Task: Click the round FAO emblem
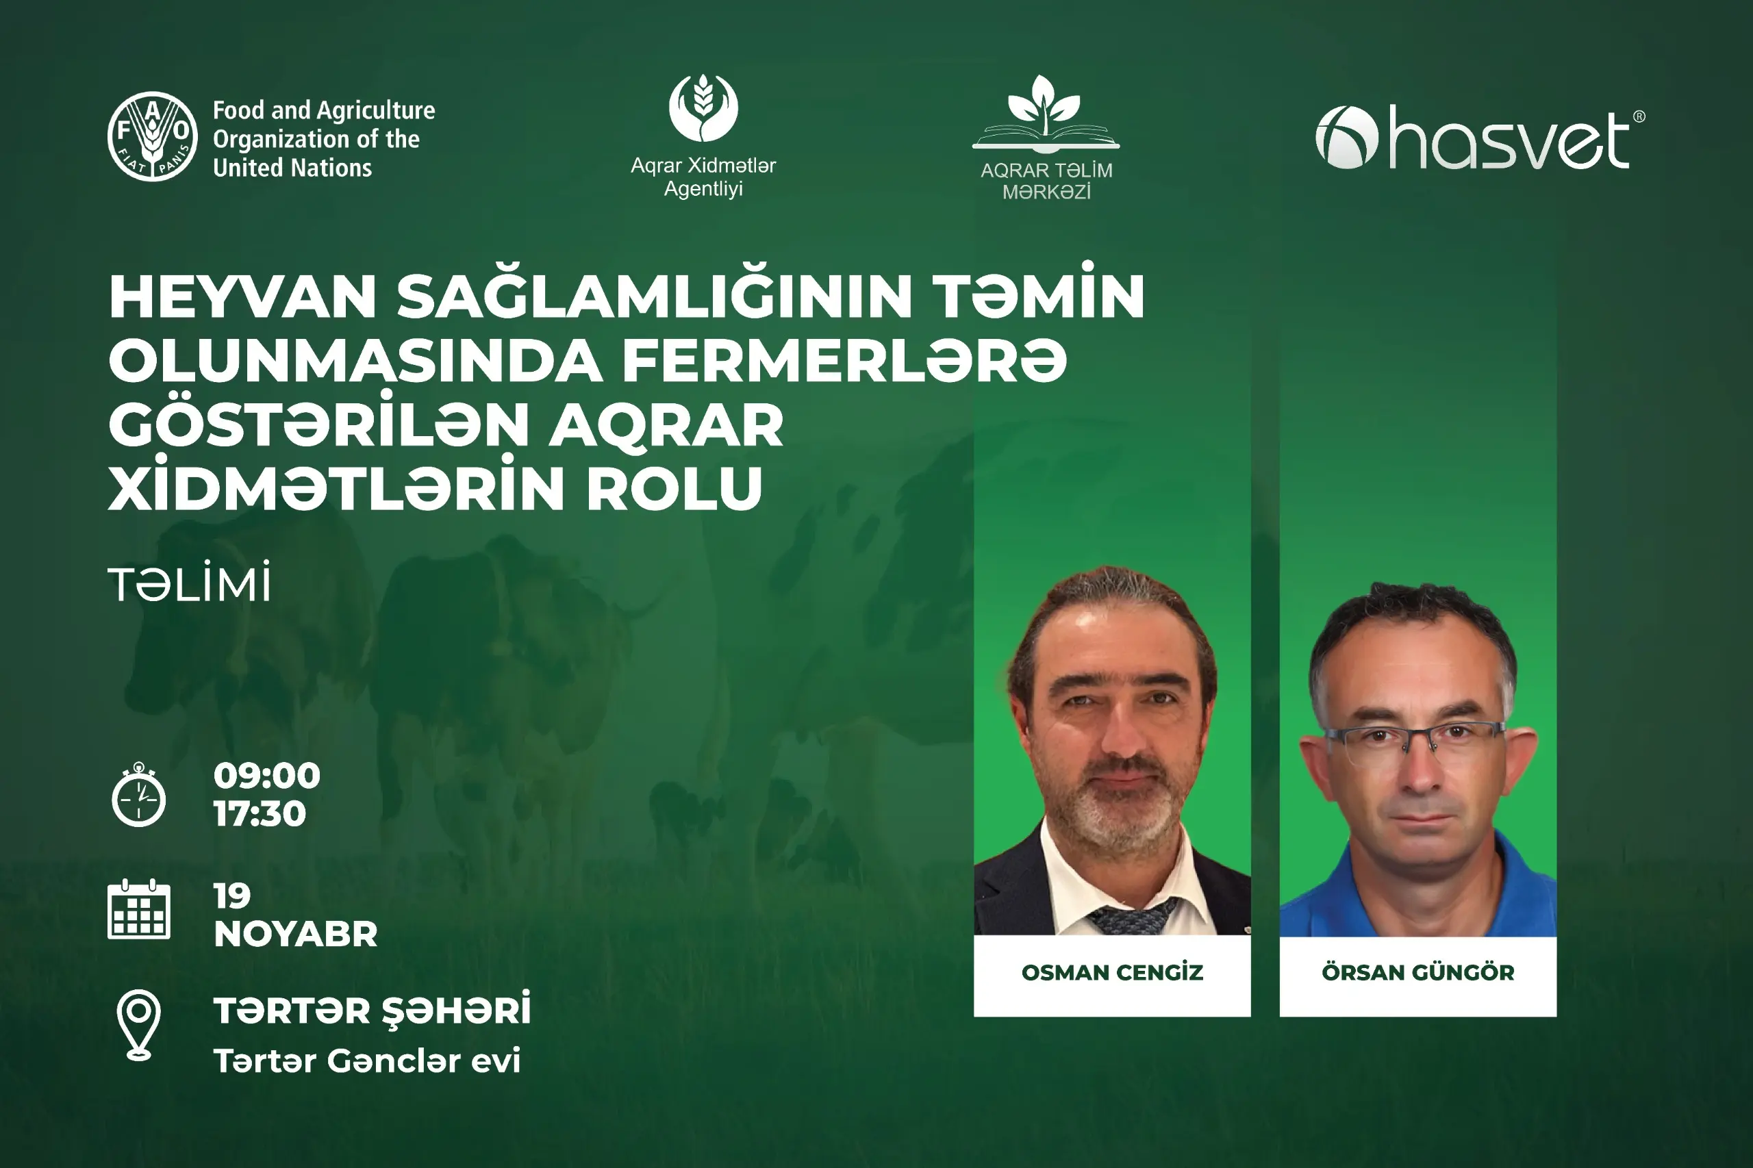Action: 153,136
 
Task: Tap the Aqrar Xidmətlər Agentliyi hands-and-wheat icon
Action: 703,108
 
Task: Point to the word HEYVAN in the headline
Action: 243,297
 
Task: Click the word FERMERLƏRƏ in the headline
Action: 844,361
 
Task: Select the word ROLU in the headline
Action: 675,489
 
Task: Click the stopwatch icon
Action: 138,794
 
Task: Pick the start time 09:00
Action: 266,776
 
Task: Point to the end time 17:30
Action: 260,813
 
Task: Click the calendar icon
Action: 139,909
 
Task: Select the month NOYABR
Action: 296,934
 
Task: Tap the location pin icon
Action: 138,1025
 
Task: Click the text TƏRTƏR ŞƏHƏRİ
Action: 373,1011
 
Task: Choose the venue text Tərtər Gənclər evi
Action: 367,1061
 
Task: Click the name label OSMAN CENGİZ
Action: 1112,973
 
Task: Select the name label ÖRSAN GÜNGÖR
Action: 1417,972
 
